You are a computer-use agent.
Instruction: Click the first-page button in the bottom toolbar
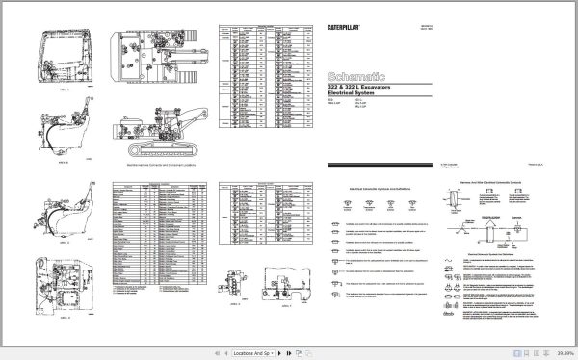(x=516, y=352)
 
